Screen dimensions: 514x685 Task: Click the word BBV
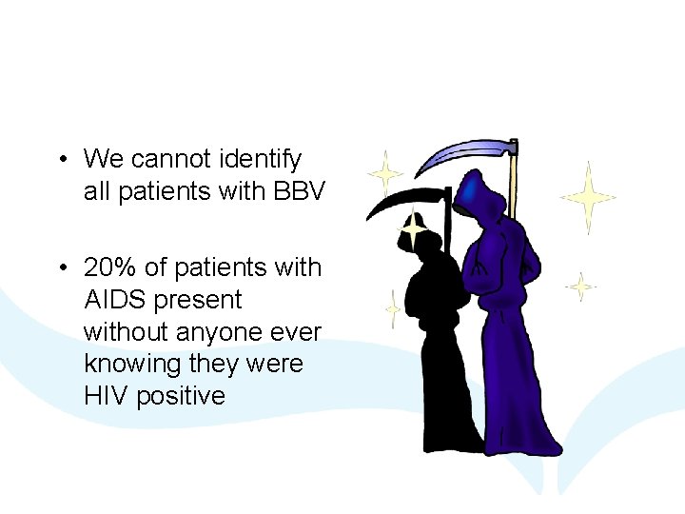click(300, 191)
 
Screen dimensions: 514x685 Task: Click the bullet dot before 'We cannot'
click(61, 159)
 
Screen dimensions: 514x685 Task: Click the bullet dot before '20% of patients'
click(61, 268)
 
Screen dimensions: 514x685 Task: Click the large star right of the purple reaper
click(588, 197)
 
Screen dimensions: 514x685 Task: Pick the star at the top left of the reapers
click(385, 173)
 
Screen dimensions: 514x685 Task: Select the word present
click(199, 300)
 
